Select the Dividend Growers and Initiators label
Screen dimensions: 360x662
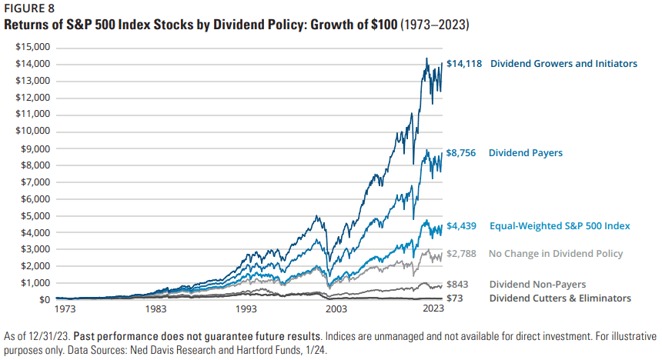tap(563, 64)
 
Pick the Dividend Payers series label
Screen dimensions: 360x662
tap(526, 153)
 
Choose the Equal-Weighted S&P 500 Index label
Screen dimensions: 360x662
tap(560, 226)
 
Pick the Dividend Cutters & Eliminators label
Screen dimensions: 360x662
tap(560, 298)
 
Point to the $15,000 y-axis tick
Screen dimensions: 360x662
tap(33, 47)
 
